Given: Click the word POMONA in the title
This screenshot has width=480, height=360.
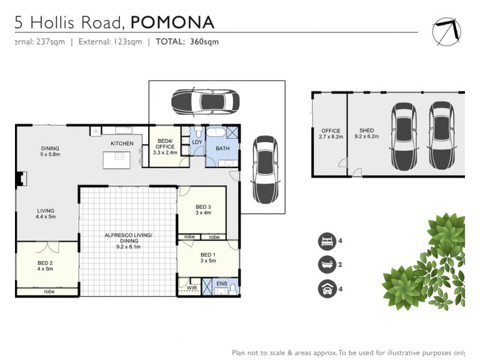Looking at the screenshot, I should tap(172, 22).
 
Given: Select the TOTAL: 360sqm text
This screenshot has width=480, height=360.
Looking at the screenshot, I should tap(187, 42).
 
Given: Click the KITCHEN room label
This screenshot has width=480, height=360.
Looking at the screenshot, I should tap(122, 143).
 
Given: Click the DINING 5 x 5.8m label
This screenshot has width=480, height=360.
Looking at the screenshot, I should tap(50, 152).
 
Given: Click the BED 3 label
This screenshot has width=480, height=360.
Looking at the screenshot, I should tap(203, 210).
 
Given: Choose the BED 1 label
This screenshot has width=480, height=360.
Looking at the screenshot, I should tap(208, 257).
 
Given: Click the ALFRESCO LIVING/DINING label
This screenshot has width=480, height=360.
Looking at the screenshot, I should tap(128, 239).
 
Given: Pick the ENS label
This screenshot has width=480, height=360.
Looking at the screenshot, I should tap(222, 283).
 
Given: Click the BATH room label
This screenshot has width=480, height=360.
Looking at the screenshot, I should tap(223, 148).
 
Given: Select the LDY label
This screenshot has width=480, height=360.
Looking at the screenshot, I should tap(196, 142).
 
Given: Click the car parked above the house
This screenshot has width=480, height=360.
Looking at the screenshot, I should tap(205, 103).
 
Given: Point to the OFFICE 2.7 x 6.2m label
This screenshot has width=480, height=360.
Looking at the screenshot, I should tap(331, 134).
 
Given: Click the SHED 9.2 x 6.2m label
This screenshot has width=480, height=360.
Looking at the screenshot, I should tap(367, 134).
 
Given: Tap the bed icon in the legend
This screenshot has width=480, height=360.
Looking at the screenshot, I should tap(326, 241).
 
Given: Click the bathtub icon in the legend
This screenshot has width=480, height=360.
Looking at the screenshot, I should tap(326, 265).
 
